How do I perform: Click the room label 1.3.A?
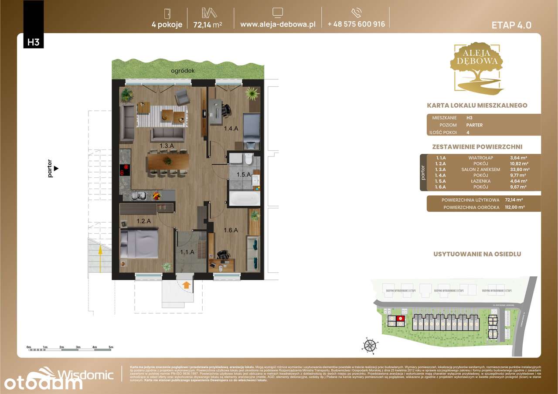[x=167, y=146]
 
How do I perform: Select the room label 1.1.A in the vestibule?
[x=188, y=251]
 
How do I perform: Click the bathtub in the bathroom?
[x=244, y=199]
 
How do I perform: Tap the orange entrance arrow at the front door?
[x=186, y=285]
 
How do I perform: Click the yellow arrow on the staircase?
[x=100, y=251]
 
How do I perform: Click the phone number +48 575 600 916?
[x=356, y=24]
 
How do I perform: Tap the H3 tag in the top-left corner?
[x=33, y=42]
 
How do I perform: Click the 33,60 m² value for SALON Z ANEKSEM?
[x=519, y=170]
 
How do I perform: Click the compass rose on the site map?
[x=370, y=345]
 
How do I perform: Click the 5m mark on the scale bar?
[x=111, y=347]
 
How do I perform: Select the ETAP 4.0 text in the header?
[x=511, y=25]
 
